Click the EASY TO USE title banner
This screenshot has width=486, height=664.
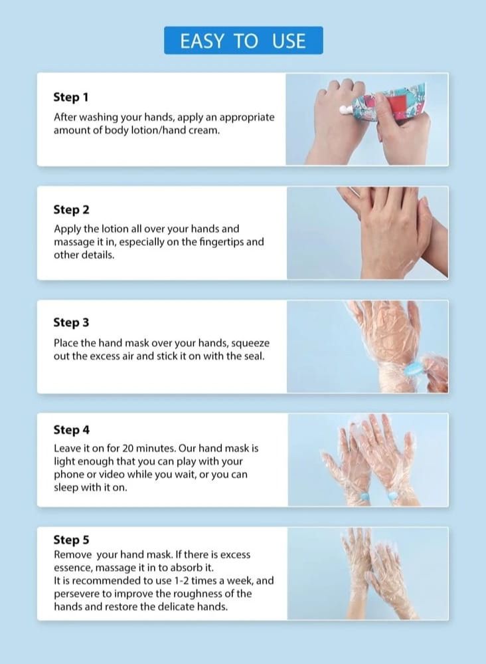(x=243, y=41)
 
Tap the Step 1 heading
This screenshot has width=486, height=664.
(x=70, y=97)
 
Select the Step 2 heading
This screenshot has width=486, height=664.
(x=71, y=210)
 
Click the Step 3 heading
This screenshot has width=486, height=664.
(x=71, y=322)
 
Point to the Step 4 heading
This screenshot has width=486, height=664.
(x=71, y=429)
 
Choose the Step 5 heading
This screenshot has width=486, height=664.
(x=71, y=540)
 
